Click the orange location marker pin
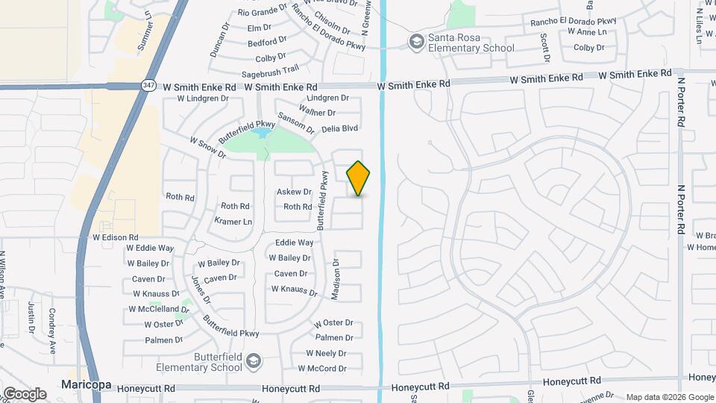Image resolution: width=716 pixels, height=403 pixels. [359, 178]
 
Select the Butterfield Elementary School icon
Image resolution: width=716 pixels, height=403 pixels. [254, 361]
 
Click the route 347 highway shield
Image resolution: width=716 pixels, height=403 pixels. [148, 86]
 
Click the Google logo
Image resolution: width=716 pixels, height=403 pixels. [25, 394]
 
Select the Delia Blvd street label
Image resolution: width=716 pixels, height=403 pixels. [339, 128]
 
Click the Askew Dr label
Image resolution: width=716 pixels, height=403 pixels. [294, 192]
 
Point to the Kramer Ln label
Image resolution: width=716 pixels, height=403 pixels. [233, 222]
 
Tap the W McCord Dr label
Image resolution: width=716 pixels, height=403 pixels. [322, 369]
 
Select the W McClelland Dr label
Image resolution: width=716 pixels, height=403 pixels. [153, 309]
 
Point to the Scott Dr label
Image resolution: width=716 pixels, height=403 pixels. [546, 47]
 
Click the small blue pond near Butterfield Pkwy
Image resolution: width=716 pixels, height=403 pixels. [260, 134]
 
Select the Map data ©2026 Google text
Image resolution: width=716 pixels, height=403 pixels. [669, 397]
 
